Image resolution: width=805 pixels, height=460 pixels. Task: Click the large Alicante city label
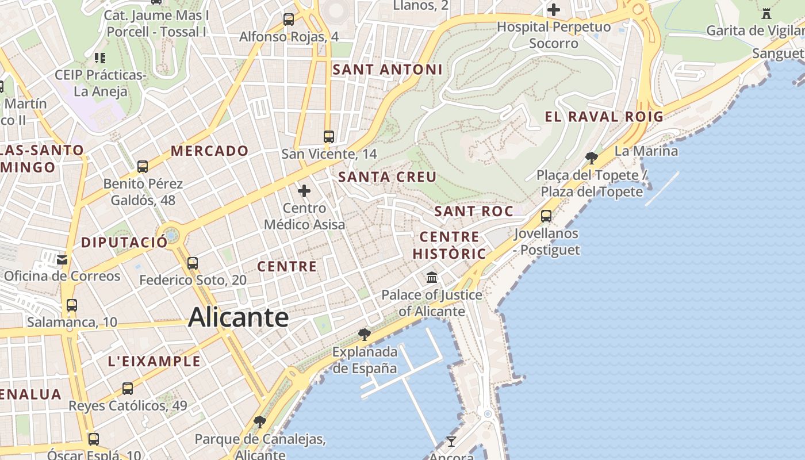238,317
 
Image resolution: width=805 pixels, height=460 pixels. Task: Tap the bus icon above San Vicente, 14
329,137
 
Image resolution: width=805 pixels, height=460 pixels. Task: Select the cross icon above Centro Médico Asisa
304,190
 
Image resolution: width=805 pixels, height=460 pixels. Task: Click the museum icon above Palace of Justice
432,278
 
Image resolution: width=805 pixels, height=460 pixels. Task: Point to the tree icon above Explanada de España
364,334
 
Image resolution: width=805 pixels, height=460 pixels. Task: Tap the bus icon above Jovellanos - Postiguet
546,216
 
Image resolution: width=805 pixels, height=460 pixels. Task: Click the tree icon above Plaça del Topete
591,158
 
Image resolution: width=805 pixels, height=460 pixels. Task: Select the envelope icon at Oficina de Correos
62,260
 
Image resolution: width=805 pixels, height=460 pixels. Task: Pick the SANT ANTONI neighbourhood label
388,70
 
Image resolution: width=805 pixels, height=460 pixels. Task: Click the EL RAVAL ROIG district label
604,117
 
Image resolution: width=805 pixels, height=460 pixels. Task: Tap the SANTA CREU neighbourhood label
388,177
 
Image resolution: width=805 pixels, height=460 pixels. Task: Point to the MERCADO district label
209,151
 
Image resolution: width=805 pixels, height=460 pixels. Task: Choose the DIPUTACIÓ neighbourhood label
124,242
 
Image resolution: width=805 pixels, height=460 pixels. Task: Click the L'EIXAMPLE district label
154,361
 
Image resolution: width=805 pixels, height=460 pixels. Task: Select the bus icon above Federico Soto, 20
193,263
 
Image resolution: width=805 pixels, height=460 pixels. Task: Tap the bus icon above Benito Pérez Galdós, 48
143,167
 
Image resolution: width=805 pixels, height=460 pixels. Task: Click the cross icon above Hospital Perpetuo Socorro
554,10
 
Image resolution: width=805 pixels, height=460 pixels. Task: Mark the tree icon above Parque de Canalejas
260,422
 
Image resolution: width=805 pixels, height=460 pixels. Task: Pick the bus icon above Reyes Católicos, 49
128,389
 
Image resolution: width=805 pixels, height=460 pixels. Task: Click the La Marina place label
646,151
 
